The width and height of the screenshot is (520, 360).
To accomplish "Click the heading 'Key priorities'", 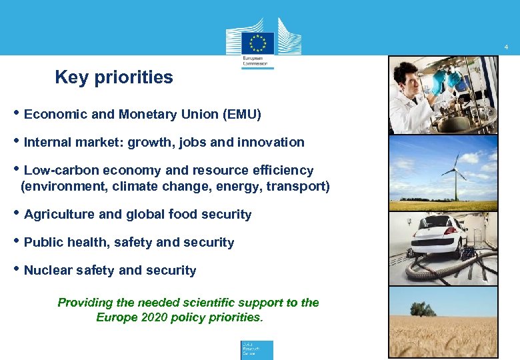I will point(114,78).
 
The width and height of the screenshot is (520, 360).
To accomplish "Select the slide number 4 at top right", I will point(507,47).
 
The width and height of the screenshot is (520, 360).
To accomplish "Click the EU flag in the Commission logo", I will point(258,43).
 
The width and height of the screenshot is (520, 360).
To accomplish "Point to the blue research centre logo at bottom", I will point(257,350).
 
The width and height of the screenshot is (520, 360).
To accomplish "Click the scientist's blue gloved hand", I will point(438,83).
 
